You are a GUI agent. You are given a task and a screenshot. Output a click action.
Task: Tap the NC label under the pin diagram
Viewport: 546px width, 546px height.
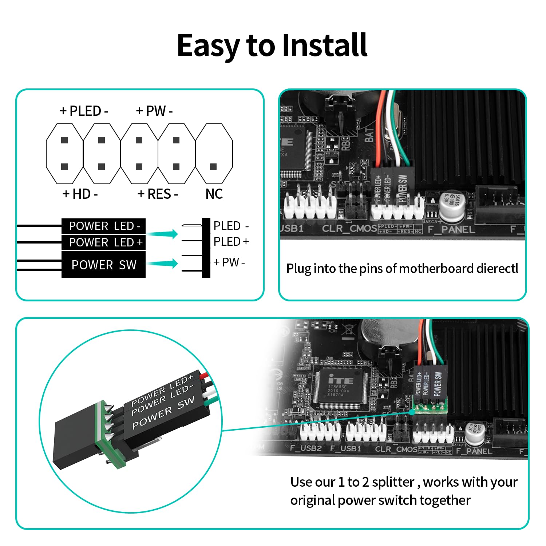click(x=214, y=194)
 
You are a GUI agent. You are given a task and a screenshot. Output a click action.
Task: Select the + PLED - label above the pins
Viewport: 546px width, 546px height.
click(x=84, y=111)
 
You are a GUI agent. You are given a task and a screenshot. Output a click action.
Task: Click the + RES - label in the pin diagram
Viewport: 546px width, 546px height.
click(x=158, y=194)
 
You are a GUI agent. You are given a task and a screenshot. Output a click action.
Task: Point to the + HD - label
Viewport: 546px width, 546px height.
click(x=80, y=194)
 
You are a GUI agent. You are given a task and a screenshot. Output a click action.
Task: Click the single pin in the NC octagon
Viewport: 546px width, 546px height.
click(x=214, y=167)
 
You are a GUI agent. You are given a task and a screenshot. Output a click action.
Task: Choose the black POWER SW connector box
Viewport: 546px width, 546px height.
click(x=103, y=265)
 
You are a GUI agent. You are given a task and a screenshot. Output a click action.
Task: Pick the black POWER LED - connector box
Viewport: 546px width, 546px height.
click(x=103, y=226)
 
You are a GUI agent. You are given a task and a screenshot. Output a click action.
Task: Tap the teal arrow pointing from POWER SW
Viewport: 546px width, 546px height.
click(x=163, y=263)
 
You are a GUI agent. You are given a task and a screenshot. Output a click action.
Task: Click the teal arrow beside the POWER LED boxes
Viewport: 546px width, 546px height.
click(x=163, y=234)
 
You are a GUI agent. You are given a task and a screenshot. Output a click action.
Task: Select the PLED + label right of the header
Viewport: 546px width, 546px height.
click(x=231, y=241)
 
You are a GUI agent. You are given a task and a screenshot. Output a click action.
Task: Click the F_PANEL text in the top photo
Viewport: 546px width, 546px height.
click(x=451, y=229)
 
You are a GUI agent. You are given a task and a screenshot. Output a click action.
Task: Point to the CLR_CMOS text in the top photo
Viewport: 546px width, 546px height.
click(x=349, y=229)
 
